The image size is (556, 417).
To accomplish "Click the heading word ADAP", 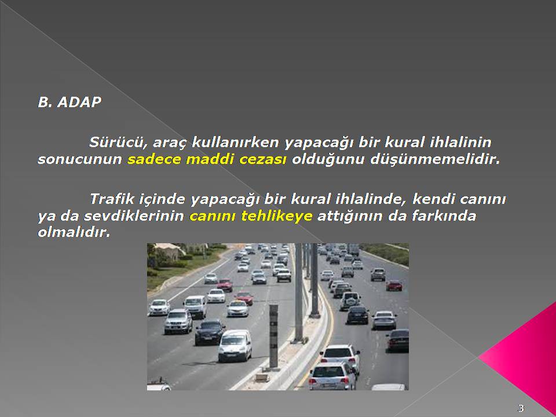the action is [79, 102].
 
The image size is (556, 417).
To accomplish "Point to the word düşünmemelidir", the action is [435, 160].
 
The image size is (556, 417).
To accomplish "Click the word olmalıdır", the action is [74, 233].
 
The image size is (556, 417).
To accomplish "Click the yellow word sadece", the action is [154, 160].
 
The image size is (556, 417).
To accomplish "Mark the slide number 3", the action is [521, 408].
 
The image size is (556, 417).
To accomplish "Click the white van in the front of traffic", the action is [235, 345].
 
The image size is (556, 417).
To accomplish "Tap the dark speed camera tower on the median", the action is [273, 336].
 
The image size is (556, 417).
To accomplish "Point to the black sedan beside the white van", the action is [209, 332].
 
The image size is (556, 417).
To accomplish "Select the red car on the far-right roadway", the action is [394, 286].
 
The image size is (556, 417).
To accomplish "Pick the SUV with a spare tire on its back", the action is [350, 301].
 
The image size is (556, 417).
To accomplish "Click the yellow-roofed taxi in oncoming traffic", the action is [237, 309].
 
